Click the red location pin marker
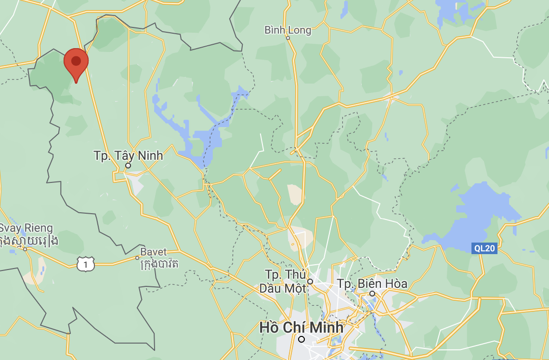(76, 63)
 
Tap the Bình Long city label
(288, 30)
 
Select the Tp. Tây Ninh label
(128, 155)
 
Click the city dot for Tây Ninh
(128, 166)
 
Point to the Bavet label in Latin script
(154, 252)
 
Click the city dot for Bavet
(137, 258)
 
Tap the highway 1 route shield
(86, 263)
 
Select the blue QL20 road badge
(484, 248)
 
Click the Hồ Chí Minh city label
(301, 327)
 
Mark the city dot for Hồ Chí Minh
(301, 339)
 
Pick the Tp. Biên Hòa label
(372, 283)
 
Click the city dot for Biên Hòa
(372, 293)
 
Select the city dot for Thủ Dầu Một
(310, 282)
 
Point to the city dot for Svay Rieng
(25, 249)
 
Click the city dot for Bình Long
(288, 38)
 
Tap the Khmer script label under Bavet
(159, 263)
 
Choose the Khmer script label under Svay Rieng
(29, 240)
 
